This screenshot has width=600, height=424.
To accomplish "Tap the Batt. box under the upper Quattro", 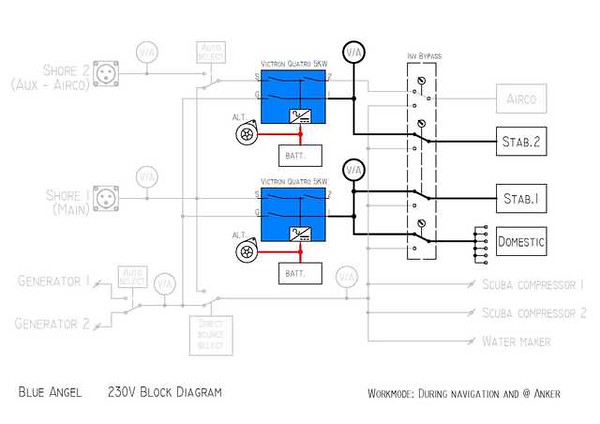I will click(300, 154).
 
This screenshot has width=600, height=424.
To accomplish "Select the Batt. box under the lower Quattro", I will click(300, 273).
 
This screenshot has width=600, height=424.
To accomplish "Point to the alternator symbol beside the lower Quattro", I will click(243, 254).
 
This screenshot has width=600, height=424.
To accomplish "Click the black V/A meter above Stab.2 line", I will click(352, 51).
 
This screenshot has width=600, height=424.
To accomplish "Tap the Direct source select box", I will click(211, 335).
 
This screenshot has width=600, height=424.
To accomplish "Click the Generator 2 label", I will click(54, 322).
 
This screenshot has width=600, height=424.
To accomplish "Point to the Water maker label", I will click(517, 341).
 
